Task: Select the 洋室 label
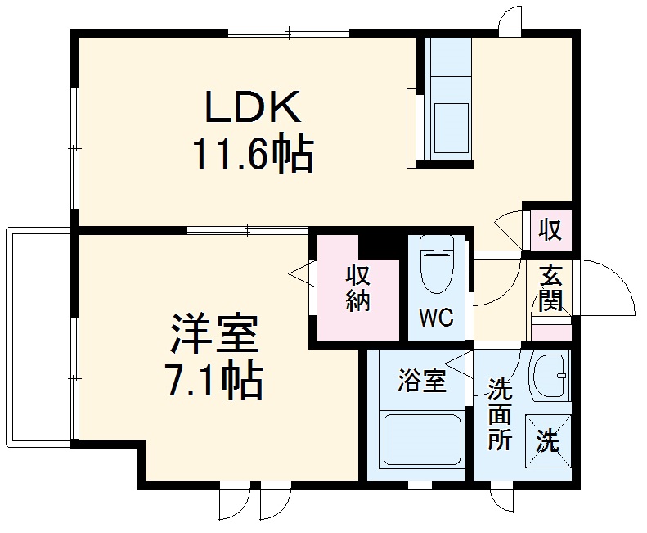click(214, 332)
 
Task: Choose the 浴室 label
click(421, 380)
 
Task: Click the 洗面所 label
click(500, 413)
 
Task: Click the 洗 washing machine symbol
click(547, 442)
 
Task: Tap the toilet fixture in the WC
click(435, 264)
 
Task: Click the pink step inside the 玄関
click(551, 332)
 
